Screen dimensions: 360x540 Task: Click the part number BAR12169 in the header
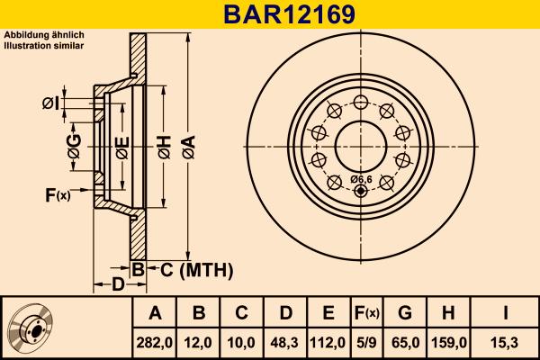[269, 14]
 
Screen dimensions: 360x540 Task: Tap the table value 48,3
[285, 342]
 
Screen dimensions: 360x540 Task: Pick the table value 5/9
[366, 342]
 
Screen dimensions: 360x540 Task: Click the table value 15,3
[506, 342]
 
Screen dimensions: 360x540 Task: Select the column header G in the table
[405, 313]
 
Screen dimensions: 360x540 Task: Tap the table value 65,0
[405, 342]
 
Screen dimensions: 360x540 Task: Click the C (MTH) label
[192, 269]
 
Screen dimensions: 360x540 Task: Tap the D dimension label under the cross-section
[117, 285]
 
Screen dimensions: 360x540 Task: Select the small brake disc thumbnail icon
[33, 328]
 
